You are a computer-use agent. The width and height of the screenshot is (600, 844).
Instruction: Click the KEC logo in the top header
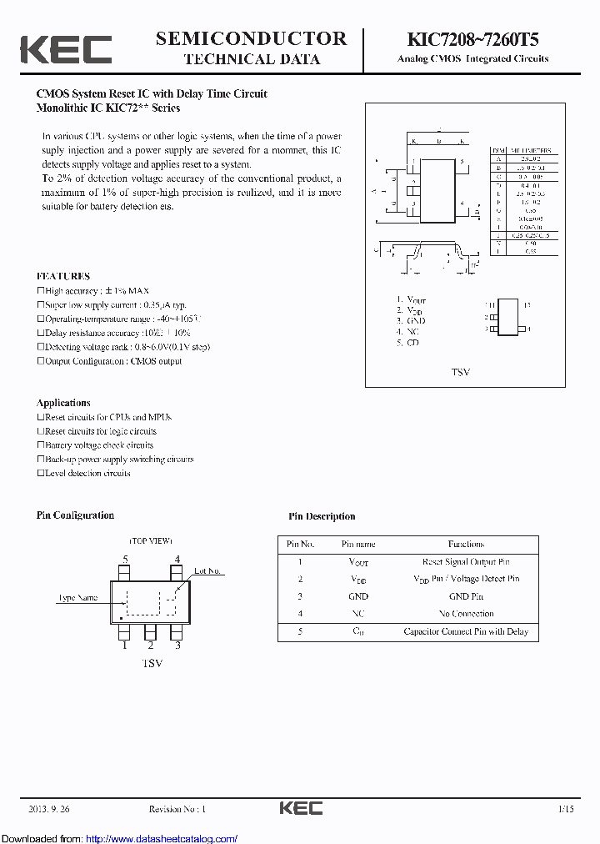click(65, 49)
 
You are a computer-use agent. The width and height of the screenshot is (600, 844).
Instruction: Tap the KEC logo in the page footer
click(300, 808)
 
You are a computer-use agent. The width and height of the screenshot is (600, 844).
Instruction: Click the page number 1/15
click(566, 809)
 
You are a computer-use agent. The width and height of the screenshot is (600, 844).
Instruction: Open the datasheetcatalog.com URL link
click(162, 838)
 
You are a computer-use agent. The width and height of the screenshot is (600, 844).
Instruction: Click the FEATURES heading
click(63, 276)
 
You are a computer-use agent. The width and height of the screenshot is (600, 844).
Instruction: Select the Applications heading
click(63, 402)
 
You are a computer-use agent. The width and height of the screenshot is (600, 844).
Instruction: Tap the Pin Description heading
click(322, 516)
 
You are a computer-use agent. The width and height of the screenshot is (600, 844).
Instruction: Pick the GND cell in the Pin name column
click(358, 596)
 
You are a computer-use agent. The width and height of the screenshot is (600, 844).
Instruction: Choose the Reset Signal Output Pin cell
click(466, 561)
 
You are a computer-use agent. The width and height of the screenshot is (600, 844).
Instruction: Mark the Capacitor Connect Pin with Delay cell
click(466, 631)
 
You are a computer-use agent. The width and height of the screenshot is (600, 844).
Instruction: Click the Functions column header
click(466, 544)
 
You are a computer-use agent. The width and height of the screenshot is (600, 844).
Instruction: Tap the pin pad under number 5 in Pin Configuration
click(125, 574)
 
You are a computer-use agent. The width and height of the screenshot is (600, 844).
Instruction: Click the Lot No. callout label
click(207, 571)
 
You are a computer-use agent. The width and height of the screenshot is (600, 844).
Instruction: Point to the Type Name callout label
click(77, 597)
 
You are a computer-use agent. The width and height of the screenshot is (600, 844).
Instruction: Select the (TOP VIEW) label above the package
click(150, 541)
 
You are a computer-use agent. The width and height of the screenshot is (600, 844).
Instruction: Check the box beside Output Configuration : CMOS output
click(40, 361)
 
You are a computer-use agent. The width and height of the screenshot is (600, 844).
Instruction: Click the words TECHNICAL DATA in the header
click(251, 59)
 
